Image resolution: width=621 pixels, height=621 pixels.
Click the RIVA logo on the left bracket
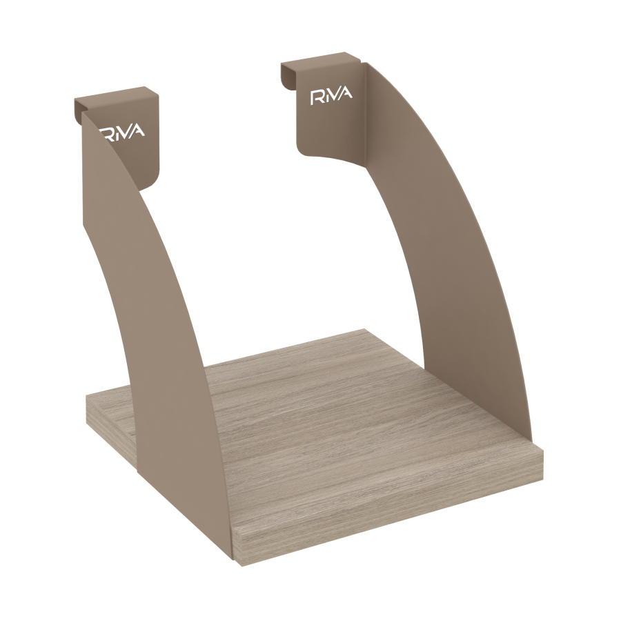122,132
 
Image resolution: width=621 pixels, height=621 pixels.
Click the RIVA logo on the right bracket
331,97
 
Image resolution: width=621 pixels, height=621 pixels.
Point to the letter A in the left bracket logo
138,130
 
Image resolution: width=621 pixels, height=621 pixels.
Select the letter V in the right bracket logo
334,96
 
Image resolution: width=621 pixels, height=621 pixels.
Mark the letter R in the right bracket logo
317,98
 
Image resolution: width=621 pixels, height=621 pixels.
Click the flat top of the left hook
112,96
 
